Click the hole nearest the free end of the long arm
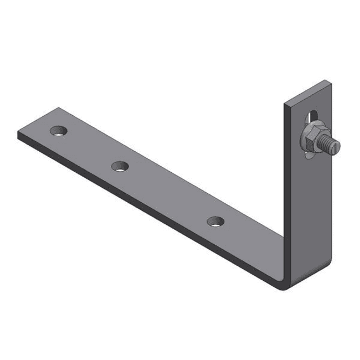(58, 131)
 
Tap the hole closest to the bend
(215, 222)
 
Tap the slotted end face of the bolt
(337, 147)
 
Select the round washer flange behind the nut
(304, 146)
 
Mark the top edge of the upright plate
(308, 91)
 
